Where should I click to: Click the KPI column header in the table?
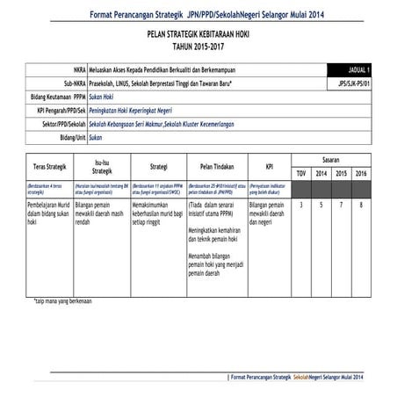270,165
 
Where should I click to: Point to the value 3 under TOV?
301,205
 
